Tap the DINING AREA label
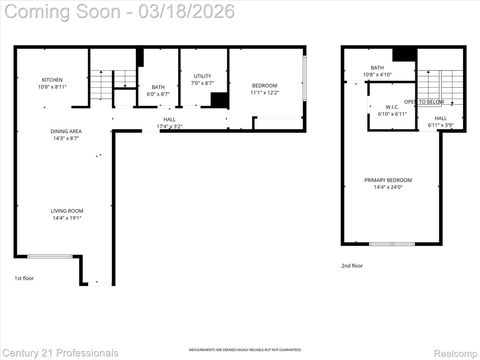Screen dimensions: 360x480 click(67, 131)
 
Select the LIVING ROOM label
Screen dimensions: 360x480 click(67, 210)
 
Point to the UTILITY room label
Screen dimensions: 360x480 click(202, 76)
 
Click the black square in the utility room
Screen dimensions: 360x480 click(219, 100)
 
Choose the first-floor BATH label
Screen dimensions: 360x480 click(158, 87)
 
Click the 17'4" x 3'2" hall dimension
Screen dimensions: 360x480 click(170, 126)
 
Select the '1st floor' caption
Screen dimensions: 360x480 click(23, 278)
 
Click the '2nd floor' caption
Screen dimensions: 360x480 click(351, 265)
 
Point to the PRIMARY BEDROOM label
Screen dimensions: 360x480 click(388, 180)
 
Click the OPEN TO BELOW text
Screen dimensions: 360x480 click(431, 102)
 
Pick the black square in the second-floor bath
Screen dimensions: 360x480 click(403, 56)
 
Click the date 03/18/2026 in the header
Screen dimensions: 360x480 click(190, 12)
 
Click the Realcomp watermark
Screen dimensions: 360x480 click(454, 353)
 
